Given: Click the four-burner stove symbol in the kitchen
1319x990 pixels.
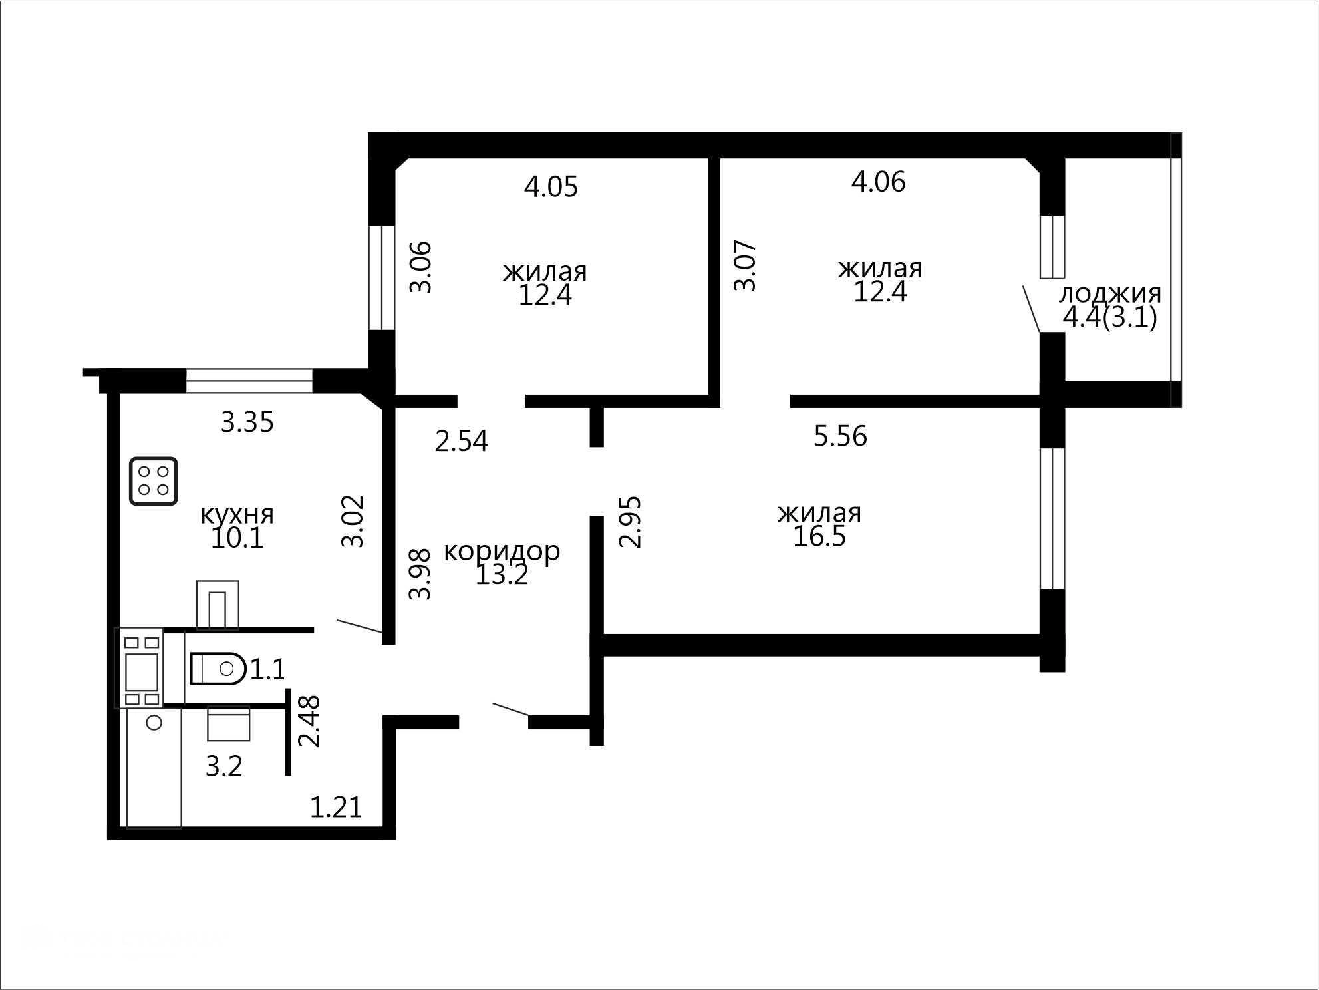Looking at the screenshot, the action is (x=154, y=481).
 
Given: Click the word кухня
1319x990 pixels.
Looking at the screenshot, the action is (x=237, y=514).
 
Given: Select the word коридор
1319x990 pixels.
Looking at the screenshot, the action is (x=502, y=552).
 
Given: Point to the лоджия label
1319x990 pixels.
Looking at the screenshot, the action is (x=1109, y=293).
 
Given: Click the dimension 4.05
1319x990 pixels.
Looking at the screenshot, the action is (x=551, y=187).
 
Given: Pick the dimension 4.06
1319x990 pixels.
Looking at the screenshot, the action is (x=878, y=182).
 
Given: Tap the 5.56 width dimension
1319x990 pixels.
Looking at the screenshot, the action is (x=841, y=436).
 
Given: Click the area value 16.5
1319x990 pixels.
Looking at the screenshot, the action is (x=819, y=536).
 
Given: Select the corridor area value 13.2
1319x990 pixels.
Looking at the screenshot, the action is (x=502, y=575).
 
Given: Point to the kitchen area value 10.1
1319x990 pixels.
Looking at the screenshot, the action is (x=237, y=538).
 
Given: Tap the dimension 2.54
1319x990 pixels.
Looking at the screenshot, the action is (x=461, y=442).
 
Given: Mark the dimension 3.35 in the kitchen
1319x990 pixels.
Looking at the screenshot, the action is (x=247, y=422).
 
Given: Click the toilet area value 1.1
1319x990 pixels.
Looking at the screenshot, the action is (x=267, y=669).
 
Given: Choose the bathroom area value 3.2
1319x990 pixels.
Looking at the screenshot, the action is (x=224, y=767).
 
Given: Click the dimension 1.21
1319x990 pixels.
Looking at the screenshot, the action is (x=336, y=808).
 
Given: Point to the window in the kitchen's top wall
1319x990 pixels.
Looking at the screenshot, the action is (x=249, y=381).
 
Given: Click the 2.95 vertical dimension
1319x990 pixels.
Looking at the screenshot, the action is (x=631, y=522).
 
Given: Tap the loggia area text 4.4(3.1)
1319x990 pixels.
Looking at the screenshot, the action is (x=1109, y=317).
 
